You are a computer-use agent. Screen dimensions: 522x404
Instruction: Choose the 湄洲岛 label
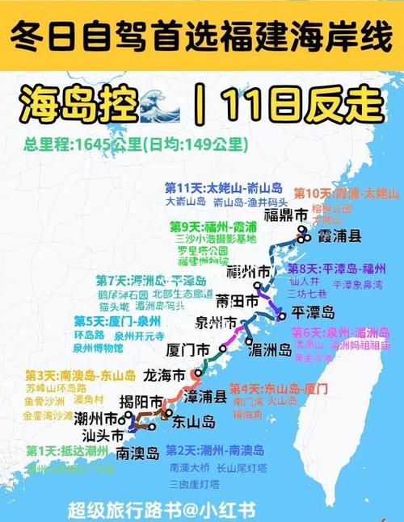[271, 350]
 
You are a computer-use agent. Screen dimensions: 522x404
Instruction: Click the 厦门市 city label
[187, 350]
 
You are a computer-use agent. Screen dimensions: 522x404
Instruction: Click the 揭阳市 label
[141, 401]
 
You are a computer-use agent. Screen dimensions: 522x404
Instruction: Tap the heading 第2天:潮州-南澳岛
[215, 451]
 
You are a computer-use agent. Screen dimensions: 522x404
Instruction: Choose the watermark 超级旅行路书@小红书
[162, 510]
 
